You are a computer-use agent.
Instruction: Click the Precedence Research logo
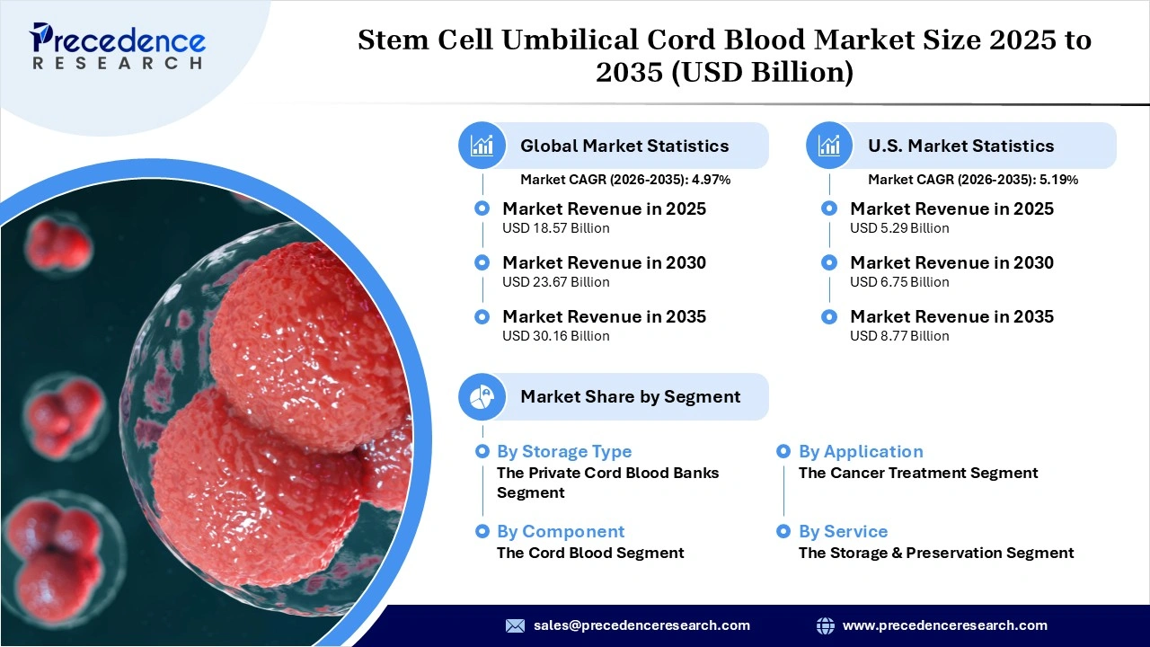(118, 45)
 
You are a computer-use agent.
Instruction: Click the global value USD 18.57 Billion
(555, 228)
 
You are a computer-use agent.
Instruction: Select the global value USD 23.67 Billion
(555, 282)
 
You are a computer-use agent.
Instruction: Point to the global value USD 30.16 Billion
(555, 336)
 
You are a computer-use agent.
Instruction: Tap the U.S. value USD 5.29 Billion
(899, 228)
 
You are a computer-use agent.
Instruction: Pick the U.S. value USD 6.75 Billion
(899, 282)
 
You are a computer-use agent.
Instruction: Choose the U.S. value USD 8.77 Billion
(899, 336)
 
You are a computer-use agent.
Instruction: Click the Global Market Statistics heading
(624, 146)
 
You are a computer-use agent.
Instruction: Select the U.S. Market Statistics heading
(960, 146)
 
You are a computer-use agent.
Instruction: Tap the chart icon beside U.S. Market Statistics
(829, 146)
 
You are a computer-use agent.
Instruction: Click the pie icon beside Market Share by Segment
(482, 396)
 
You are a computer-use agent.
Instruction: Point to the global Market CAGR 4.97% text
(625, 180)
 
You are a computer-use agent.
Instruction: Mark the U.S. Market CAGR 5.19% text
(973, 180)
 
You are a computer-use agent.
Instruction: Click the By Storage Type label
(564, 452)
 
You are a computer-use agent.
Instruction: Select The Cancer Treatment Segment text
(918, 474)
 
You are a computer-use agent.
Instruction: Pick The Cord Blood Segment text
(590, 554)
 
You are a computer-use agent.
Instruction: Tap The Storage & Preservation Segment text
(936, 554)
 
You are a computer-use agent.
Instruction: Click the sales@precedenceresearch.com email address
(641, 625)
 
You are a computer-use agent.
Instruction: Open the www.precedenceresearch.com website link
(944, 625)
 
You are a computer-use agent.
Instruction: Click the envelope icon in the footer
(515, 625)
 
